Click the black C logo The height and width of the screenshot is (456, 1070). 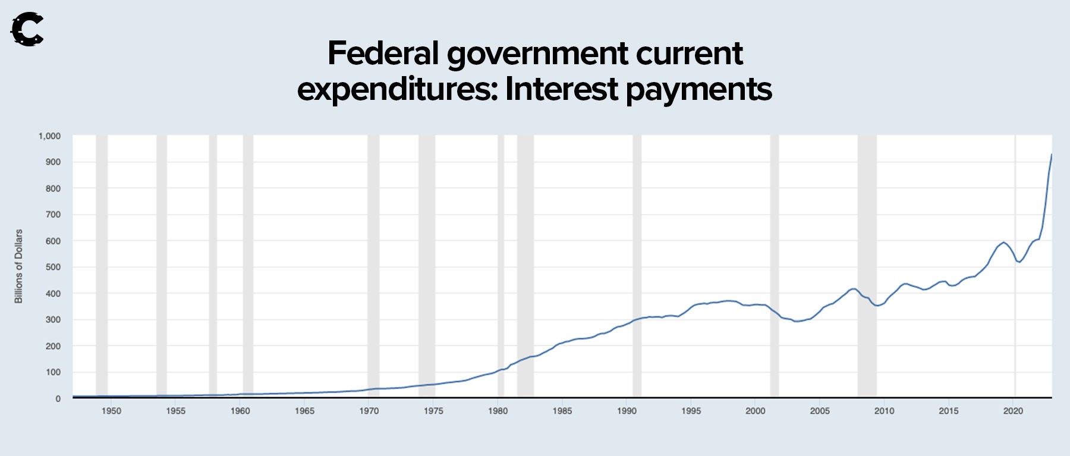[x=27, y=29]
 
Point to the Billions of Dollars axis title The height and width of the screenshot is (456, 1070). [x=18, y=266]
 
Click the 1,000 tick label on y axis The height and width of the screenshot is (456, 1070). [x=49, y=136]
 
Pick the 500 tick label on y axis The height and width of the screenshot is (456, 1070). [x=53, y=267]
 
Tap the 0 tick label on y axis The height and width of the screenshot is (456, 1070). [x=58, y=398]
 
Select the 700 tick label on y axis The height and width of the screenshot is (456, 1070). [x=53, y=215]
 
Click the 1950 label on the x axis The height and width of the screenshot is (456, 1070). [x=111, y=411]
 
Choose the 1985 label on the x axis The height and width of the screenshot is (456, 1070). [x=562, y=411]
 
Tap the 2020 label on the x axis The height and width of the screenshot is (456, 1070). [x=1013, y=411]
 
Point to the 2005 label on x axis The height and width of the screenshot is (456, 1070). [x=820, y=411]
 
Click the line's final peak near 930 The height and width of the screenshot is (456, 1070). [x=1051, y=155]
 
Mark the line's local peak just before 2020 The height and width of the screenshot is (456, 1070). [x=1003, y=243]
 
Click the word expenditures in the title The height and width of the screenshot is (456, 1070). [x=397, y=90]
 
